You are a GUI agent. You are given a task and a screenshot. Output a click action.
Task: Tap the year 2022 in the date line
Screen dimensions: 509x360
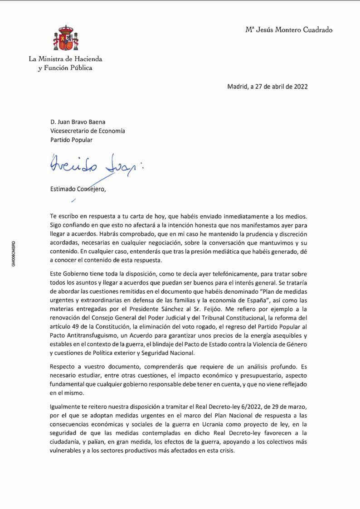click(x=299, y=86)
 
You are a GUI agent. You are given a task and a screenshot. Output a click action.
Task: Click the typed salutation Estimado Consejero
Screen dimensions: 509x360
click(x=78, y=189)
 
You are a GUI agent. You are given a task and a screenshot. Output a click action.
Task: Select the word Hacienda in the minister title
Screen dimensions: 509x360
click(x=88, y=59)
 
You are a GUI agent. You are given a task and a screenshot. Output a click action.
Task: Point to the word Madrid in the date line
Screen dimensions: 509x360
click(x=237, y=86)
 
